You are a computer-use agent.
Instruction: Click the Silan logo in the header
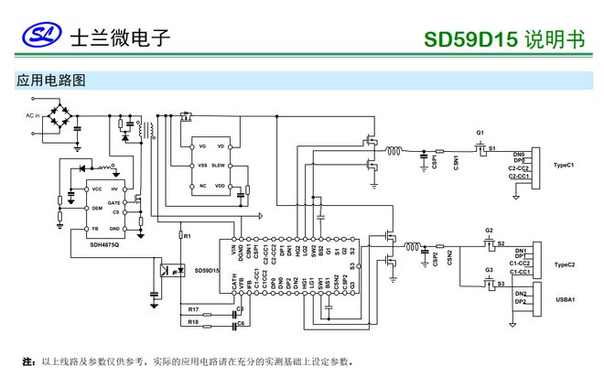[39, 38]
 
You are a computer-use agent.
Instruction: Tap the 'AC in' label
[33, 115]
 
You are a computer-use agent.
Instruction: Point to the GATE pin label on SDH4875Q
[114, 201]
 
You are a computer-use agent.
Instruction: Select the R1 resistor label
[187, 236]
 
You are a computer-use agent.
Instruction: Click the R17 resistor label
[192, 309]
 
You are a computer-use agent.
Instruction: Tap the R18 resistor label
[192, 322]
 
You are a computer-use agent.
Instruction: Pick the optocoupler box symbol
[168, 271]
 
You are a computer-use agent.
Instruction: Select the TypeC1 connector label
[564, 166]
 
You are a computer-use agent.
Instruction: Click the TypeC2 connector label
[564, 264]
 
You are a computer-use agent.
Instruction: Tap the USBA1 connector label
[564, 298]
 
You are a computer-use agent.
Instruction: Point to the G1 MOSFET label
[480, 133]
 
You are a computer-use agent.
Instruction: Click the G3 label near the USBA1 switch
[489, 270]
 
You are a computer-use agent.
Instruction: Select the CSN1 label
[456, 162]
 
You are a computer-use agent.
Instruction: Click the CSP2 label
[435, 258]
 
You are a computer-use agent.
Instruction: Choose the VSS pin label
[202, 166]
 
